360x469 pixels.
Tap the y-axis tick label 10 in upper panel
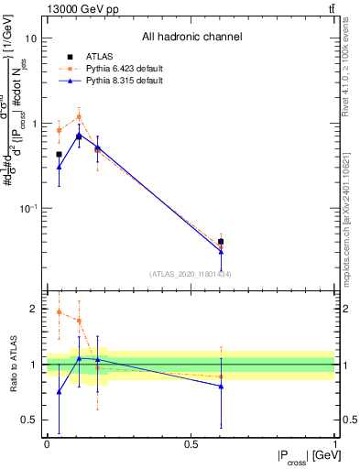[31, 39]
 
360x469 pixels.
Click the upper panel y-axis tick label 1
[34, 125]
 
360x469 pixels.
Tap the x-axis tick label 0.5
[191, 444]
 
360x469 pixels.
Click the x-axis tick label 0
[47, 444]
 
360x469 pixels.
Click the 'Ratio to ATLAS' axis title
[12, 365]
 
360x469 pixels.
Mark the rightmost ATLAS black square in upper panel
[221, 242]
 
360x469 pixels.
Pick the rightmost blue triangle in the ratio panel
[221, 387]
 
